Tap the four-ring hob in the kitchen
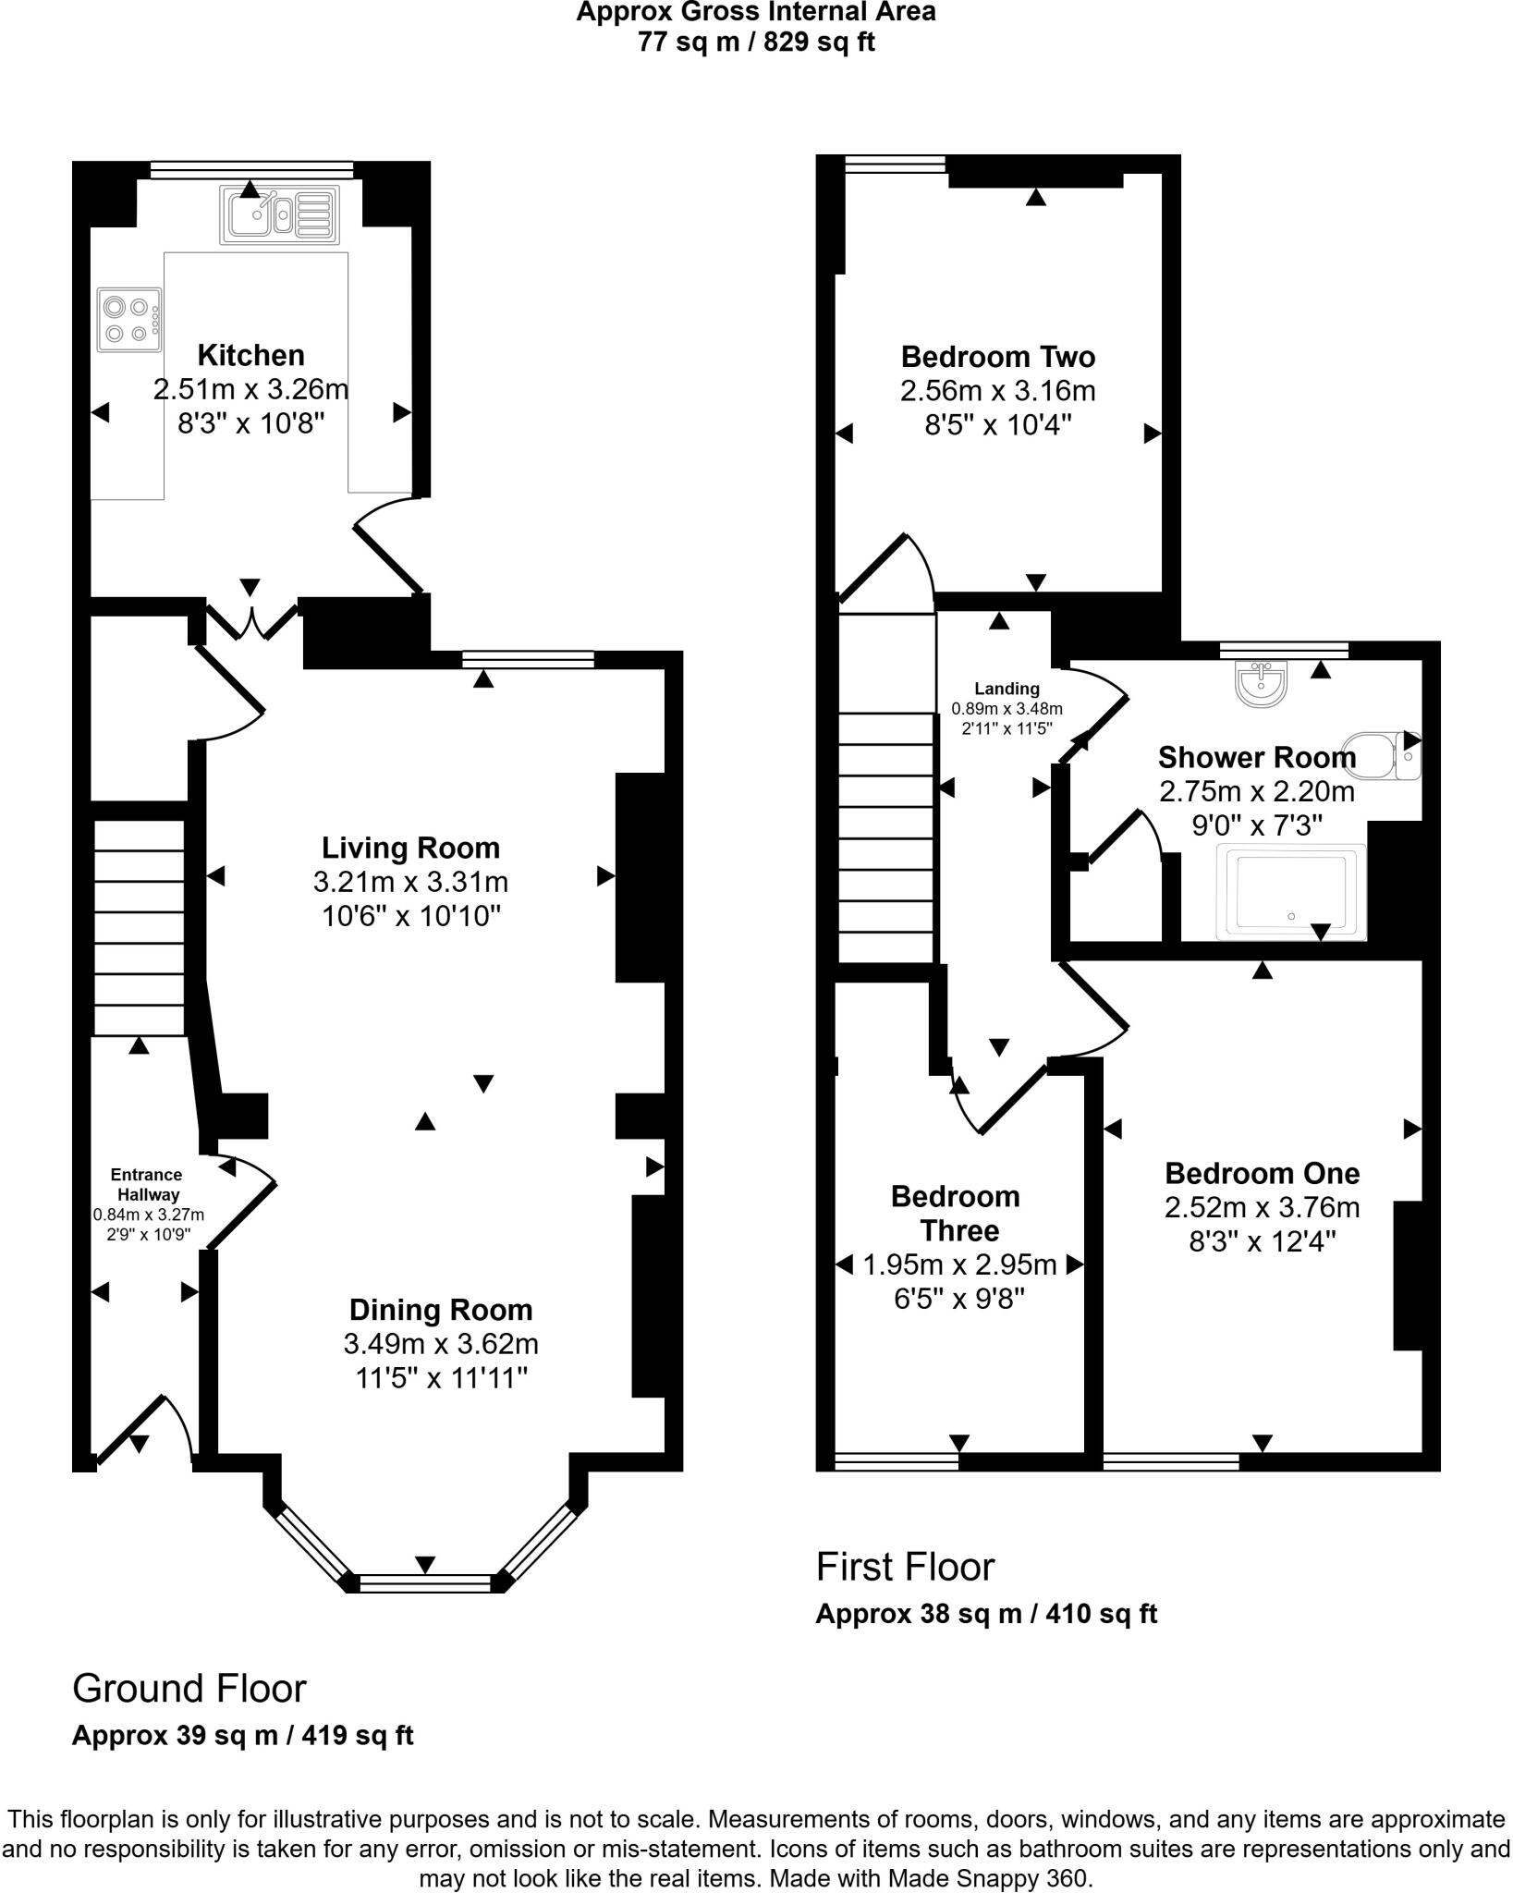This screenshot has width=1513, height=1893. point(128,320)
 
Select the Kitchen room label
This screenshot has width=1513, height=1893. point(250,355)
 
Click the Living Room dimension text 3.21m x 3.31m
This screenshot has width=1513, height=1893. point(410,882)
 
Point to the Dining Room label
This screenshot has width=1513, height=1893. point(440,1310)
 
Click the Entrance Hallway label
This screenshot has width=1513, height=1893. point(146,1185)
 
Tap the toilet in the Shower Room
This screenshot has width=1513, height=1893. point(1381,755)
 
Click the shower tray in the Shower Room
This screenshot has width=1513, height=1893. point(1291,892)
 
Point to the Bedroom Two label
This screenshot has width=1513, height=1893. point(997,357)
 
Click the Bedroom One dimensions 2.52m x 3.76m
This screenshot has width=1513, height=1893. point(1262,1207)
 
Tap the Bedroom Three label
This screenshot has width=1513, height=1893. point(957,1214)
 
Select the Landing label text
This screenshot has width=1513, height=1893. point(1007,689)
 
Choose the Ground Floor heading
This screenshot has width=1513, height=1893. point(189,1689)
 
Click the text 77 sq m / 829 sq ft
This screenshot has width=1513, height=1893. point(755,43)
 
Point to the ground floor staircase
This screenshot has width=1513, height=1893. point(140,926)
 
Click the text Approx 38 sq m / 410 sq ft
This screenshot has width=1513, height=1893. point(985,1615)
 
